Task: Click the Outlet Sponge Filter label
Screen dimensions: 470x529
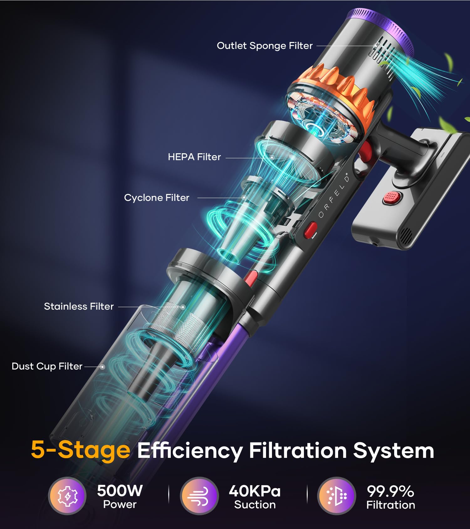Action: [x=265, y=46]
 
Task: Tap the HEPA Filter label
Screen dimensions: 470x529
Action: [x=194, y=157]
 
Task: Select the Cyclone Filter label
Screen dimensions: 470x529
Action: [x=157, y=198]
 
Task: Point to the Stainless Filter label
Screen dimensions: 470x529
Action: [x=79, y=306]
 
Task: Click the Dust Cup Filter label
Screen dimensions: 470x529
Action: [x=47, y=366]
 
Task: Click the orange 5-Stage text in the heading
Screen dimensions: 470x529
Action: [x=81, y=450]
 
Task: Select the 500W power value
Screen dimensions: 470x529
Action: [x=120, y=490]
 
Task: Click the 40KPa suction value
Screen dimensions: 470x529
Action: [x=255, y=491]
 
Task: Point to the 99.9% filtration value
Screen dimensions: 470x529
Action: [x=390, y=491]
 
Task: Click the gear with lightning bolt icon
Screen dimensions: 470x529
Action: [x=67, y=496]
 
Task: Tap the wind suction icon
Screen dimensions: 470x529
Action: [x=199, y=496]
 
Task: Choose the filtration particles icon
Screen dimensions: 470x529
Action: [x=337, y=496]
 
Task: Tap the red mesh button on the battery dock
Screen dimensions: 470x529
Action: [x=391, y=197]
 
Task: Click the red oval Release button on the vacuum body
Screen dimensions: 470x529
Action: [x=311, y=230]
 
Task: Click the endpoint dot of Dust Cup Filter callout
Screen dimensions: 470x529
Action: [x=102, y=367]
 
